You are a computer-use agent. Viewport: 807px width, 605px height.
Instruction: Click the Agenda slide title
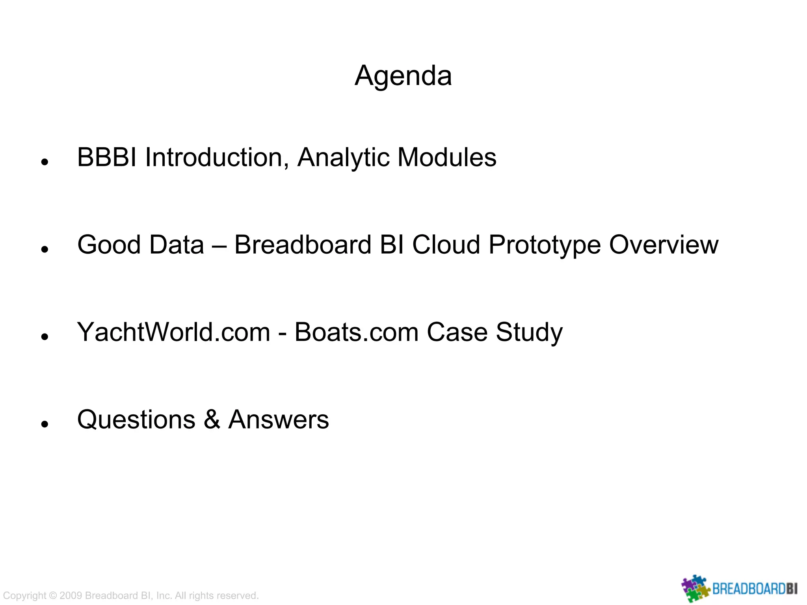point(403,76)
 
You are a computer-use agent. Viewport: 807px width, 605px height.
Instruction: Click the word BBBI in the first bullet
point(106,158)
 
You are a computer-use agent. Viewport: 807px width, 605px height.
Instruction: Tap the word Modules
point(447,158)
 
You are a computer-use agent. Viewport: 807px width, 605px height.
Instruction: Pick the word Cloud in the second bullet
point(446,245)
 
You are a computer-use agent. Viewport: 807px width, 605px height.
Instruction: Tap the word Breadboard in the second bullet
point(303,245)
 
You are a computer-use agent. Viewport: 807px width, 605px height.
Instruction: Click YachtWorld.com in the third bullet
point(173,332)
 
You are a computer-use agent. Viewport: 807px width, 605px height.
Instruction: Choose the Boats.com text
point(356,332)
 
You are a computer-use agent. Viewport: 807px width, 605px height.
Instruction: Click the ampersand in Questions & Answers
point(212,419)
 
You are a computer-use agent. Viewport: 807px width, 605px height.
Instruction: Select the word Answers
point(279,419)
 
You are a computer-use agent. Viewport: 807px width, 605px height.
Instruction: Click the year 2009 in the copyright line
point(71,596)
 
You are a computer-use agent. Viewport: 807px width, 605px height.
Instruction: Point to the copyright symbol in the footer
point(53,596)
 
